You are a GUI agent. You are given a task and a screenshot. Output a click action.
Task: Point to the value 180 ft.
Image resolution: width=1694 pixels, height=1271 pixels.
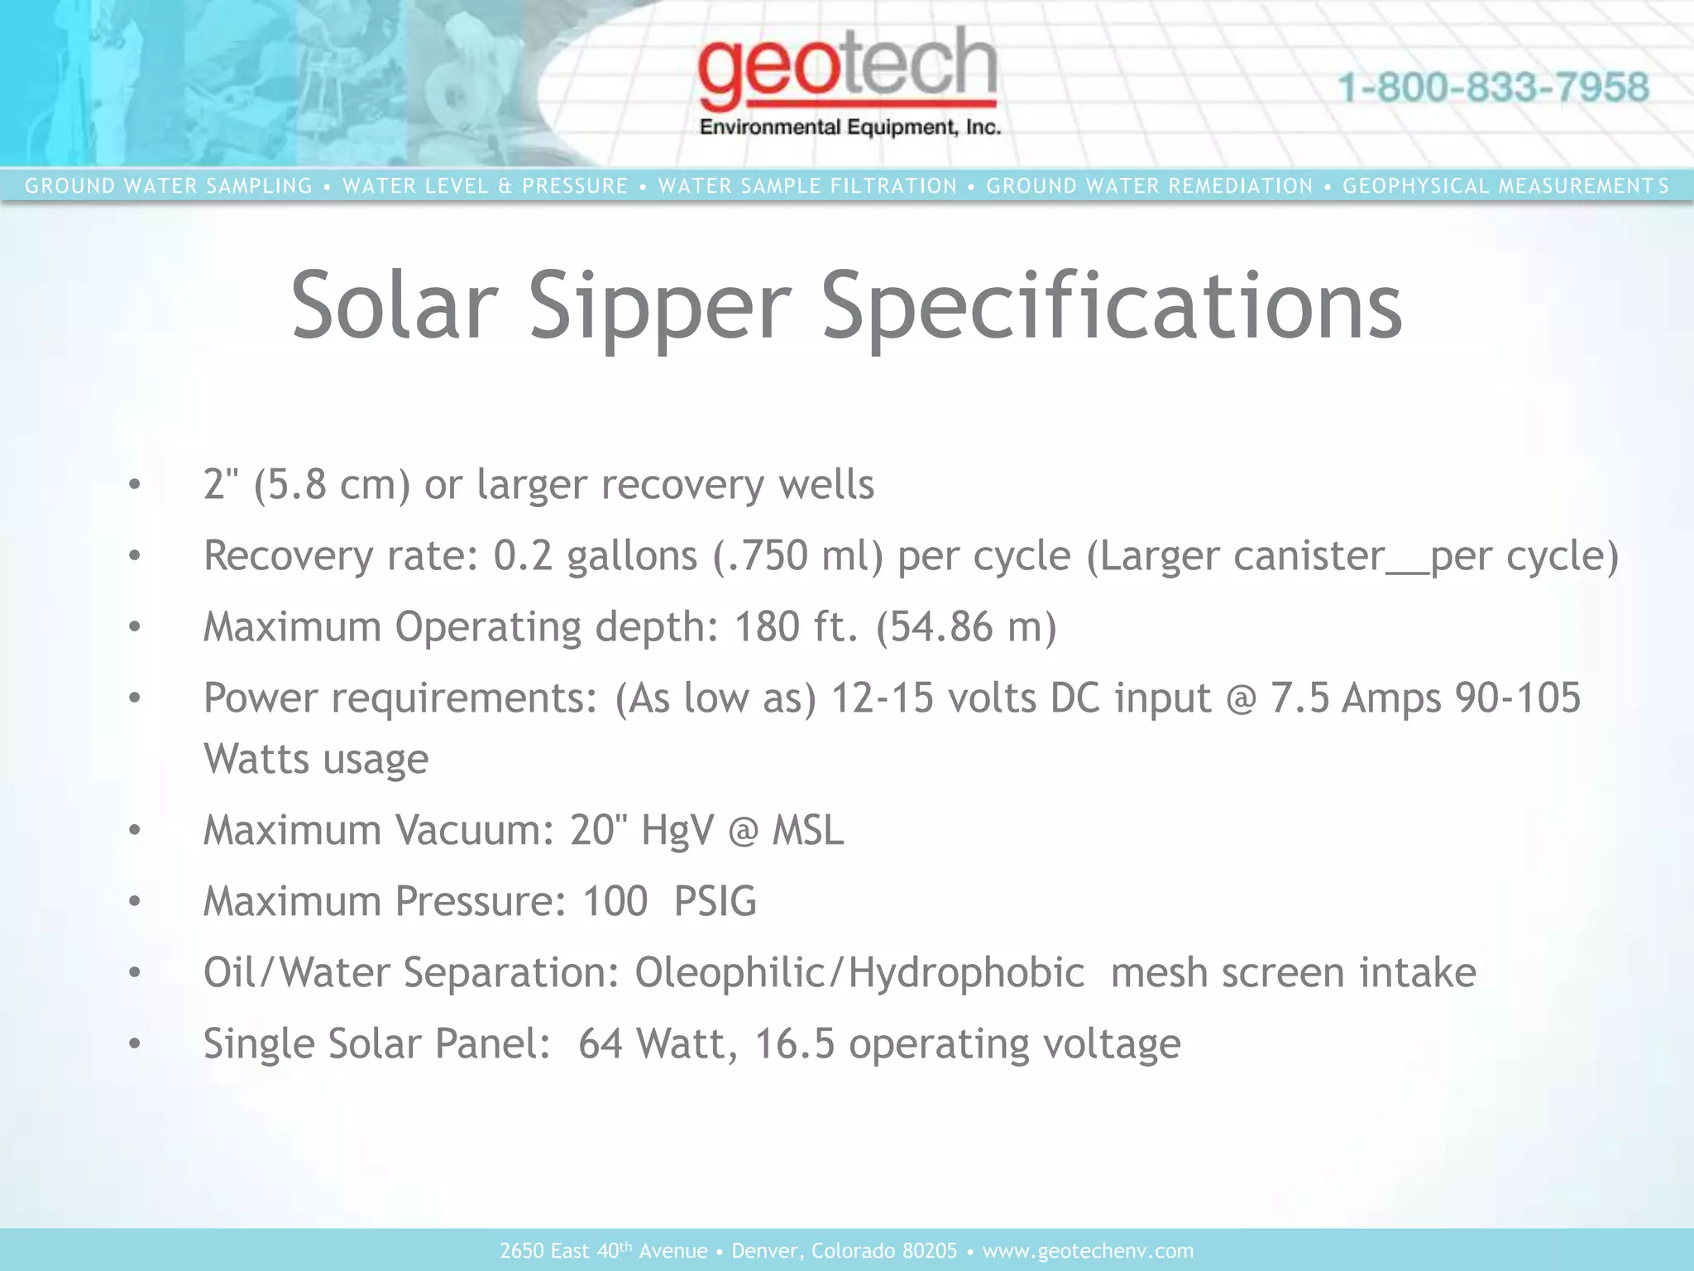(x=797, y=626)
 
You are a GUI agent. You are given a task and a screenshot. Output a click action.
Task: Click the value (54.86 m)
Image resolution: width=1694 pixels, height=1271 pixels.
(x=966, y=626)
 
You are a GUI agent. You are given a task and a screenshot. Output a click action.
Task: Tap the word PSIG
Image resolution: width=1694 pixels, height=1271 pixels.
(x=715, y=901)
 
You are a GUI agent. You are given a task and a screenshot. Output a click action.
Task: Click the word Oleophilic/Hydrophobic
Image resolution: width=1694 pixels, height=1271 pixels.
(x=859, y=972)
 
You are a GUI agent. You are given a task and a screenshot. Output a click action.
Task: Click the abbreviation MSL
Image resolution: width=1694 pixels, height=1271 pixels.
(x=807, y=830)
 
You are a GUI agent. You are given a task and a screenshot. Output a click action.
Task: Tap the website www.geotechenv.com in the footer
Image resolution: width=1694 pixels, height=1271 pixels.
(x=1088, y=1250)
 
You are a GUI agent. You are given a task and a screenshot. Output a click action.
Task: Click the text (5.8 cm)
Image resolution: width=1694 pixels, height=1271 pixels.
(x=332, y=484)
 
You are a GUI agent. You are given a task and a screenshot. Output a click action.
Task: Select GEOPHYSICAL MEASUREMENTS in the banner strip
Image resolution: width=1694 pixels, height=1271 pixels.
(x=1505, y=186)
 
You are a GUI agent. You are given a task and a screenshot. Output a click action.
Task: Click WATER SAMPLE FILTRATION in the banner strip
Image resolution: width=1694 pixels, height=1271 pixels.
(x=807, y=186)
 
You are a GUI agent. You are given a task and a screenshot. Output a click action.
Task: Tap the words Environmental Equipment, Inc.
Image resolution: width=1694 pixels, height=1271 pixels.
(x=850, y=127)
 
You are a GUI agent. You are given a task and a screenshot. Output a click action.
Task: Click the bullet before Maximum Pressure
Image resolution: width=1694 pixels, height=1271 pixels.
(x=135, y=901)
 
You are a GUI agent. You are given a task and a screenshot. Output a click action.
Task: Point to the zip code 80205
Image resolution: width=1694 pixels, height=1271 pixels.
(x=930, y=1250)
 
